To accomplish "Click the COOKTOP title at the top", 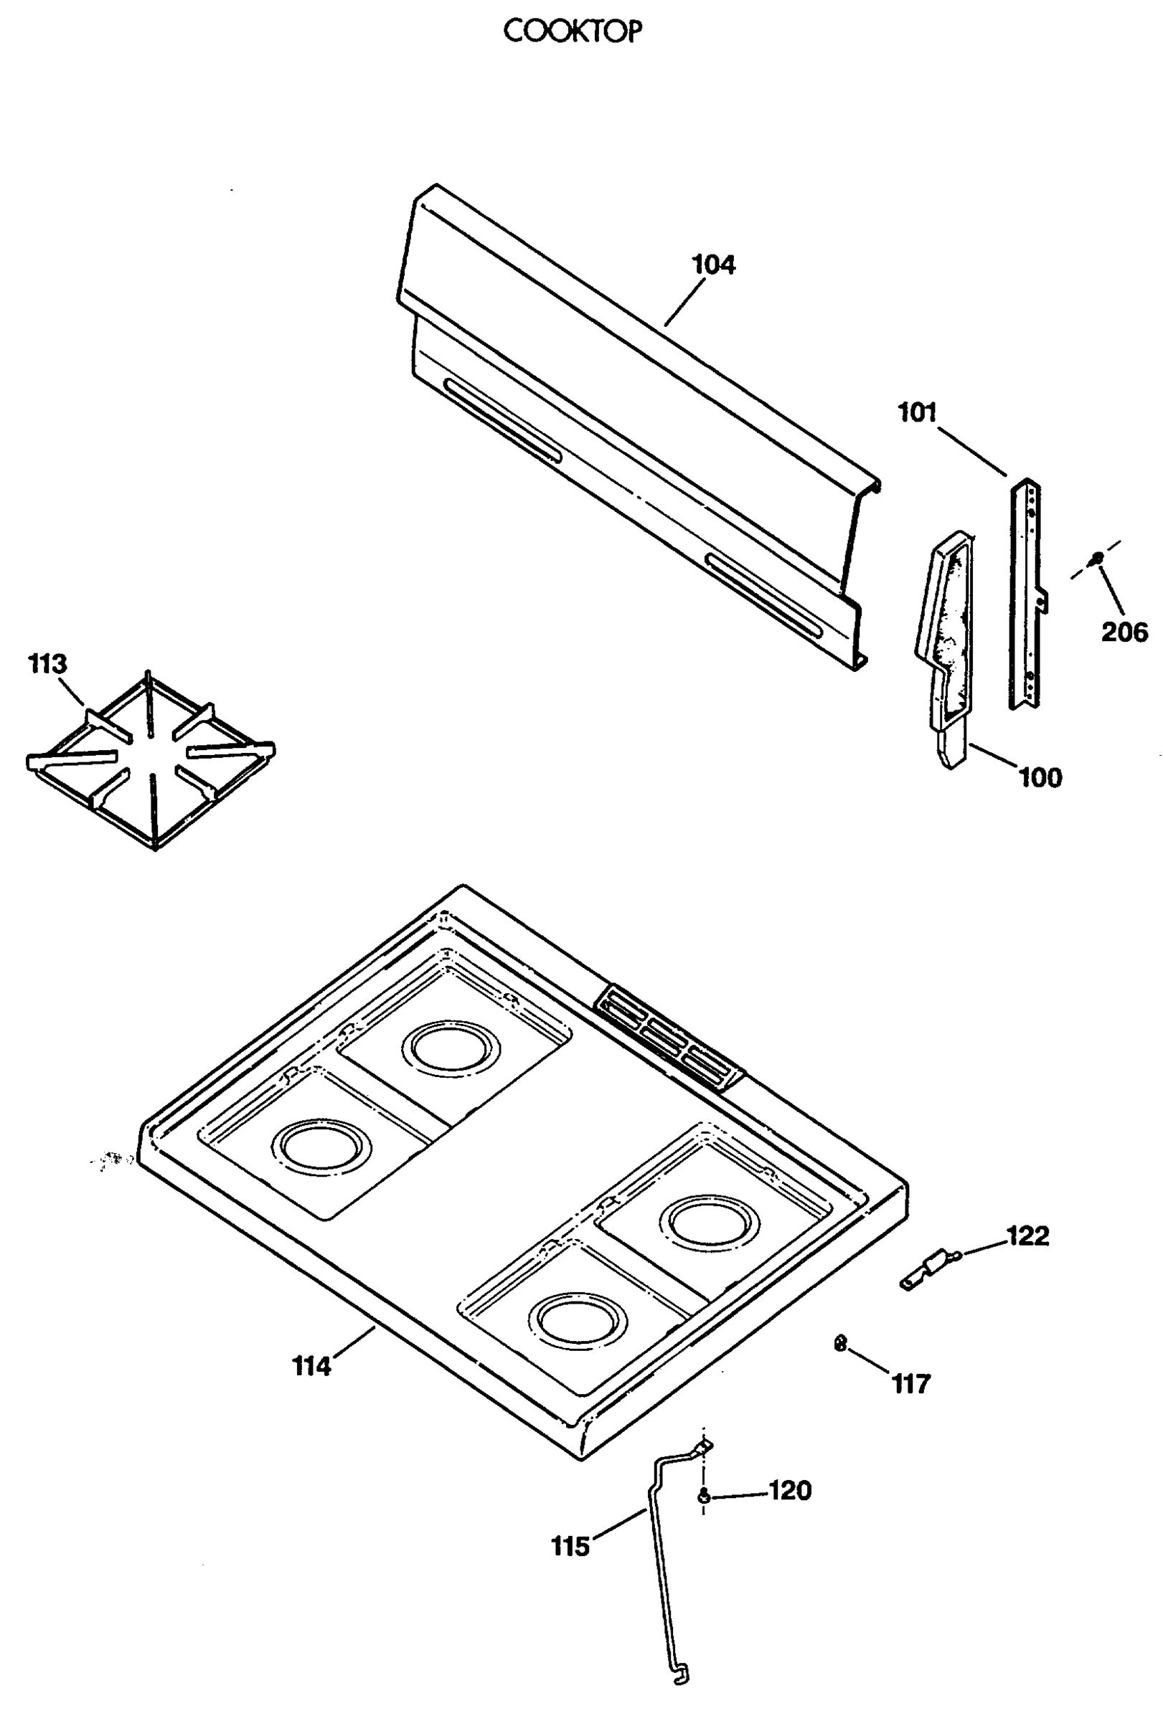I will pyautogui.click(x=572, y=31).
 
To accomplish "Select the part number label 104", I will pyautogui.click(x=712, y=265).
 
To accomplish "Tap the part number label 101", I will pyautogui.click(x=917, y=412).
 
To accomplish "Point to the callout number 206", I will pyautogui.click(x=1124, y=632).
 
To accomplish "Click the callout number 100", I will pyautogui.click(x=1040, y=777).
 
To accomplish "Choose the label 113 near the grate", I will pyautogui.click(x=47, y=663).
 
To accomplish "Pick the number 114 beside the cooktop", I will pyautogui.click(x=311, y=1366).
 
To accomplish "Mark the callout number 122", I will pyautogui.click(x=1027, y=1236).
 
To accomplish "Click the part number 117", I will pyautogui.click(x=910, y=1383).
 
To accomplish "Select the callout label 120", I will pyautogui.click(x=791, y=1490).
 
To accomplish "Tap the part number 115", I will pyautogui.click(x=570, y=1546).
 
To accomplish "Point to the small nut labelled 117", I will pyautogui.click(x=840, y=1342).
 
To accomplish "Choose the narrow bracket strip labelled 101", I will pyautogui.click(x=1026, y=592).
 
